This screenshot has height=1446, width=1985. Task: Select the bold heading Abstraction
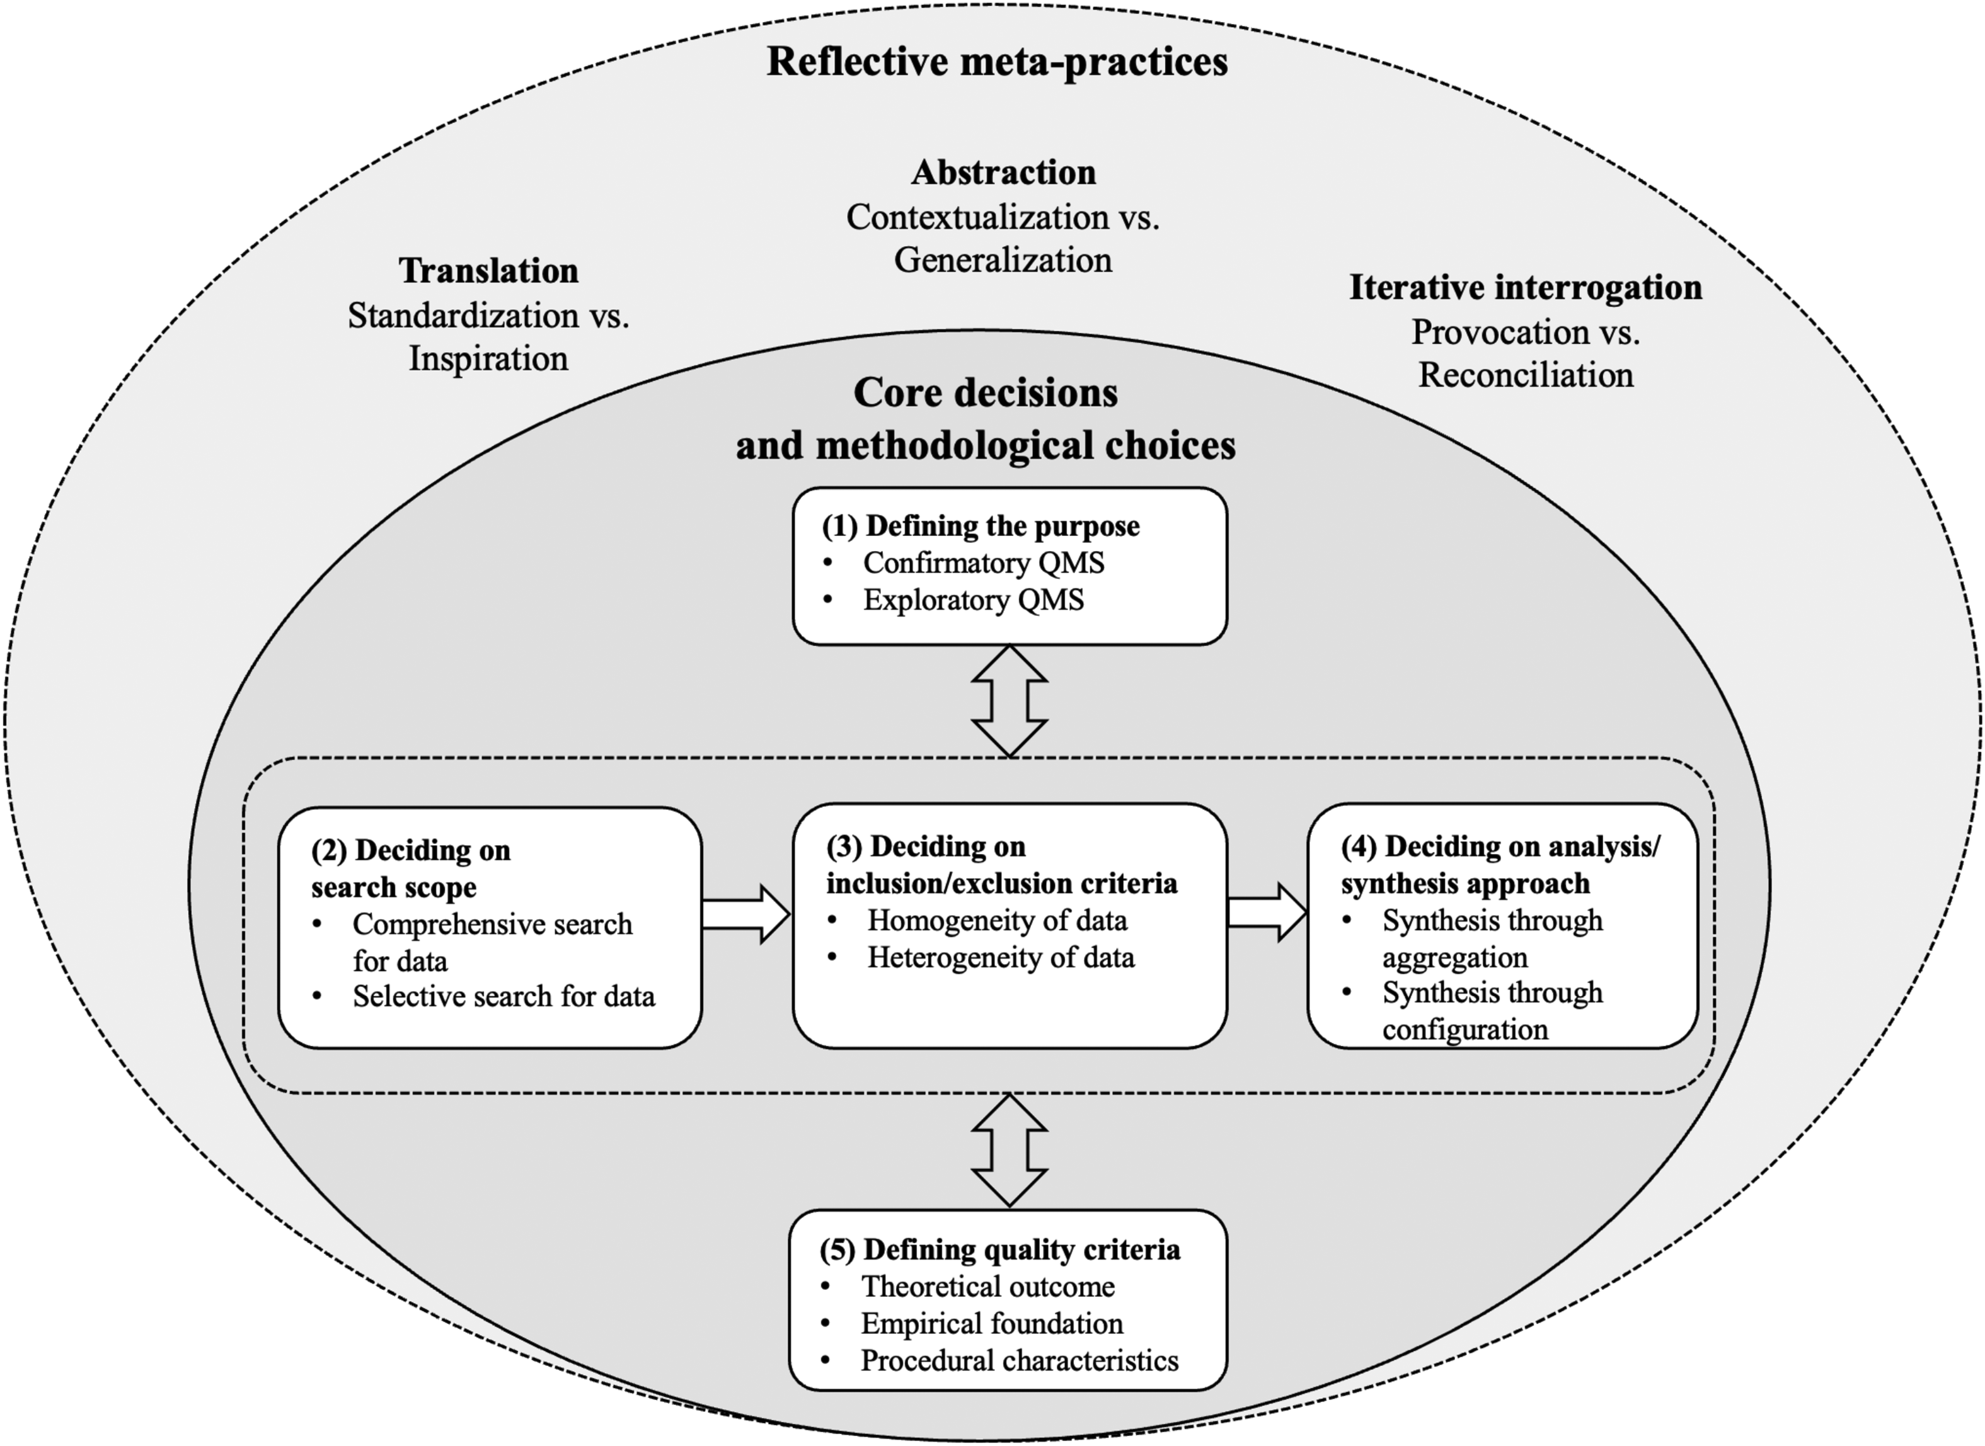[x=1003, y=173]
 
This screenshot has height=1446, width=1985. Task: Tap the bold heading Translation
[x=488, y=270]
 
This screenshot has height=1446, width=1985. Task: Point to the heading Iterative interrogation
[x=1526, y=287]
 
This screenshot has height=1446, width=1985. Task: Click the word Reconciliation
[x=1526, y=375]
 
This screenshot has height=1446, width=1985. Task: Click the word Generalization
[x=1003, y=260]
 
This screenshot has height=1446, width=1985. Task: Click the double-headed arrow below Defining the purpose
[x=1010, y=701]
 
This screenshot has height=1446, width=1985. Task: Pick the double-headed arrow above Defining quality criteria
[x=1010, y=1150]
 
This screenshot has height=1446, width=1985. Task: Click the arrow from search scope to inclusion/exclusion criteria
[x=746, y=914]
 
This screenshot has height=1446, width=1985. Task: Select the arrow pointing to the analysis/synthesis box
[x=1267, y=912]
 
